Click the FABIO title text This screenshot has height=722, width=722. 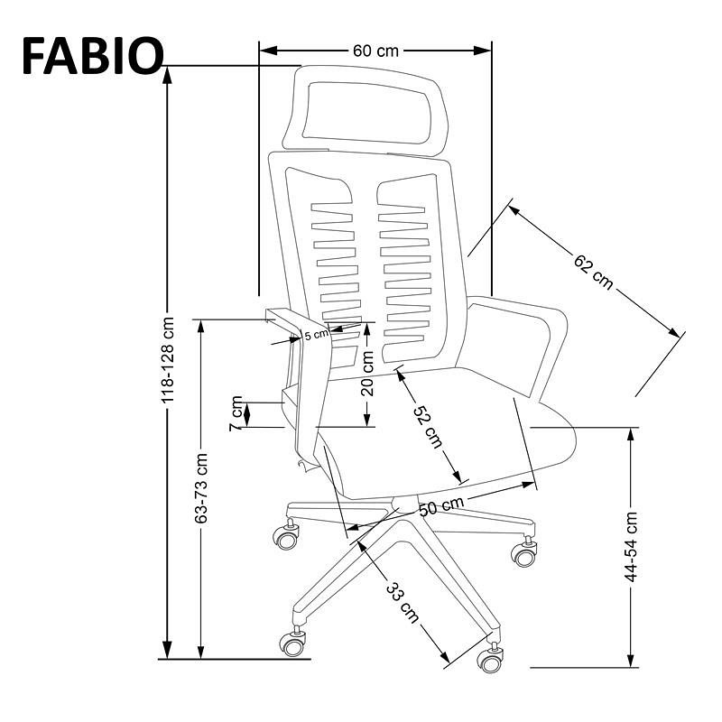[x=91, y=55]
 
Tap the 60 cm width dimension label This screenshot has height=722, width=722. [x=375, y=51]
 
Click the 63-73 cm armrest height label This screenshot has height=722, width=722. [x=201, y=488]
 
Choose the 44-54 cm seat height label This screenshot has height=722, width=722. [x=632, y=547]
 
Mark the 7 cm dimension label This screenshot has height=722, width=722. [x=237, y=413]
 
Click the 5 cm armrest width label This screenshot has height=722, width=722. [x=317, y=335]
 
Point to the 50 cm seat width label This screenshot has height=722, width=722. [x=441, y=507]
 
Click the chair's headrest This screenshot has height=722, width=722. [x=366, y=108]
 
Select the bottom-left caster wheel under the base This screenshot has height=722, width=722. [x=292, y=643]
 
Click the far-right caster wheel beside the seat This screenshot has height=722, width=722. [x=524, y=553]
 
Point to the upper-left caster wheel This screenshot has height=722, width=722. [x=286, y=538]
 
